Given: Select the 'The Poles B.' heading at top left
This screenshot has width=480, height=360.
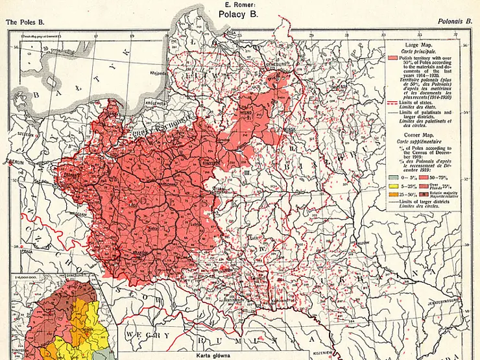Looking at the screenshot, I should coord(23,21).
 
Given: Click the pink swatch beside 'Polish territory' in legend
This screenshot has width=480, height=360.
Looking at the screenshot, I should coord(393,57).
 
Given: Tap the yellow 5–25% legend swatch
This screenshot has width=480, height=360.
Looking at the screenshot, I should coord(393,185).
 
